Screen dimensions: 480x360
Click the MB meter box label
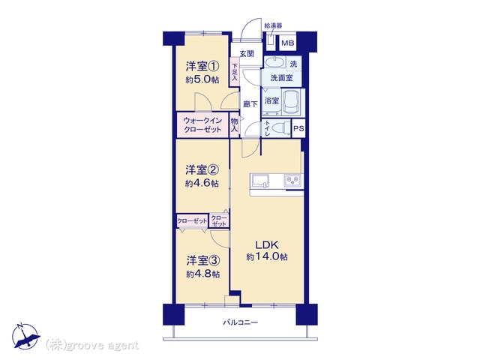point(287,43)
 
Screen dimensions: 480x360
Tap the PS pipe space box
point(298,128)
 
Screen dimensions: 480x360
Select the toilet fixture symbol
point(280,127)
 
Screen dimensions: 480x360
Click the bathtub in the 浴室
point(291,101)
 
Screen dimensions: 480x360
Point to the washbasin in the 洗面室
point(274,62)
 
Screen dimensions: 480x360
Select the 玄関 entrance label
point(247,53)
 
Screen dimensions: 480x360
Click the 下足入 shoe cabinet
point(235,72)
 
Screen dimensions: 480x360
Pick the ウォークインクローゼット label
point(202,125)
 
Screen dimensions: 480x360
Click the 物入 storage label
point(234,125)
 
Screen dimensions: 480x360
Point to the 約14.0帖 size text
point(267,256)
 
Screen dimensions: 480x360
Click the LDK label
point(267,244)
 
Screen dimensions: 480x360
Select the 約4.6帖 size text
point(202,183)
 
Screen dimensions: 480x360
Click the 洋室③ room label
point(202,261)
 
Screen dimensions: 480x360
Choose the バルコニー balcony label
point(240,322)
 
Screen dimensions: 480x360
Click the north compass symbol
point(25,336)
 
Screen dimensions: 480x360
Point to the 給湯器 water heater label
point(273,25)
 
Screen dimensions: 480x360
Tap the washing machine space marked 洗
point(293,64)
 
